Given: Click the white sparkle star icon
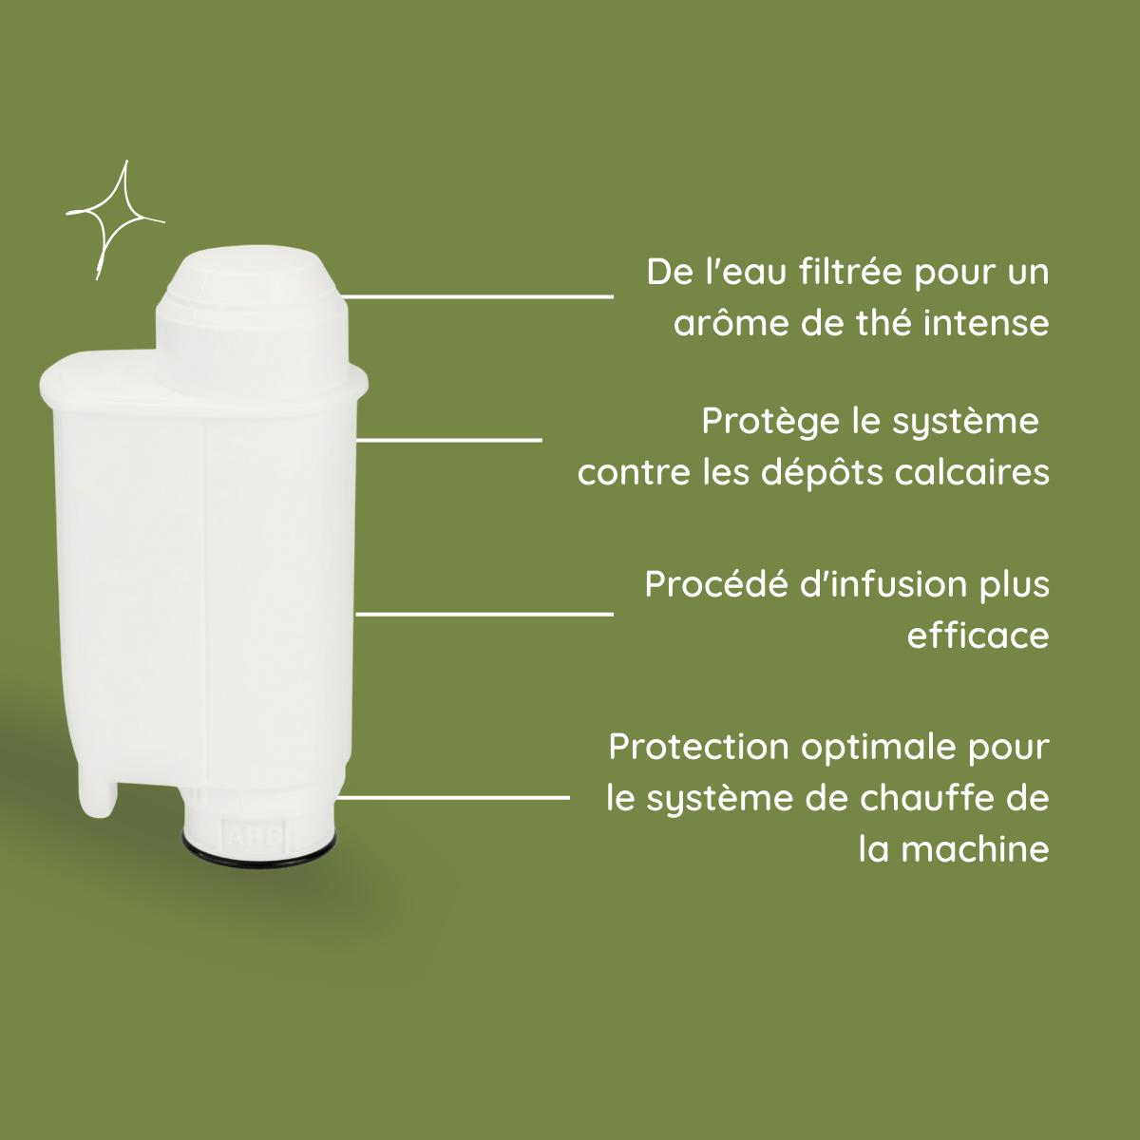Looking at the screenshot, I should coord(112,220).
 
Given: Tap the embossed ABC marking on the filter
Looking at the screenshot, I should coord(254,836).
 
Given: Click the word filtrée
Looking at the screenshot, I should coord(850,273).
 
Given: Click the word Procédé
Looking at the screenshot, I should coord(716,584).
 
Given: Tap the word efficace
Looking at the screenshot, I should coord(978,636).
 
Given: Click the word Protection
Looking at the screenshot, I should coord(698,747).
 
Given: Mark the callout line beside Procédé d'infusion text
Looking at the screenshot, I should coord(484,614).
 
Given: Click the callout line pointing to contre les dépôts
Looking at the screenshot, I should coord(448,440).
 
